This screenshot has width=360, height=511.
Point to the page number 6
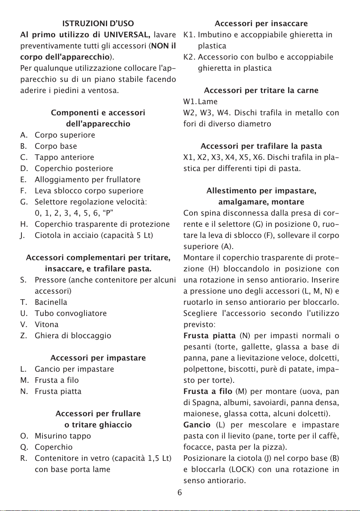[180, 492]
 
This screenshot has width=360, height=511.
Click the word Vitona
[47, 324]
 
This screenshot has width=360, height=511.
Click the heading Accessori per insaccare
[261, 23]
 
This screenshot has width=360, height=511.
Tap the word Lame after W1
[208, 102]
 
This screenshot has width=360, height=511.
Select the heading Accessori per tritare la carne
[261, 90]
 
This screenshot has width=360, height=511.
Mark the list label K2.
[189, 56]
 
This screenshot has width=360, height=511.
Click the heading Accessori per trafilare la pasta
[261, 146]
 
